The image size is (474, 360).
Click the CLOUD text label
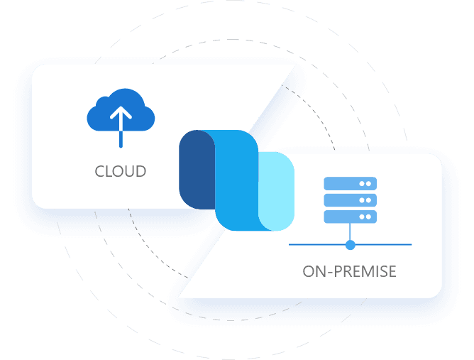pos(121,172)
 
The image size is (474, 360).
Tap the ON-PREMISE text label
pos(349,271)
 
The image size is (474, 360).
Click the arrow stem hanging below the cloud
pos(121,138)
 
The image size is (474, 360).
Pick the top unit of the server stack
pos(350,184)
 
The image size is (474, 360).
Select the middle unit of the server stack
pos(350,200)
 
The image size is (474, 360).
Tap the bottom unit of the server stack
pos(350,217)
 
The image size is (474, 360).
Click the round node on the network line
pos(350,245)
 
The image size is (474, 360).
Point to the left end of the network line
pos(292,245)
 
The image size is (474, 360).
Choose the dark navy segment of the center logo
pos(196,170)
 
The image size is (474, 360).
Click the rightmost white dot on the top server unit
pos(369,184)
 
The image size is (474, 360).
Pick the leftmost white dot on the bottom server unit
pos(363,217)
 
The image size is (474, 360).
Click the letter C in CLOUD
pos(100,172)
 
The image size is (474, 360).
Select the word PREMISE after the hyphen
pos(365,271)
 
